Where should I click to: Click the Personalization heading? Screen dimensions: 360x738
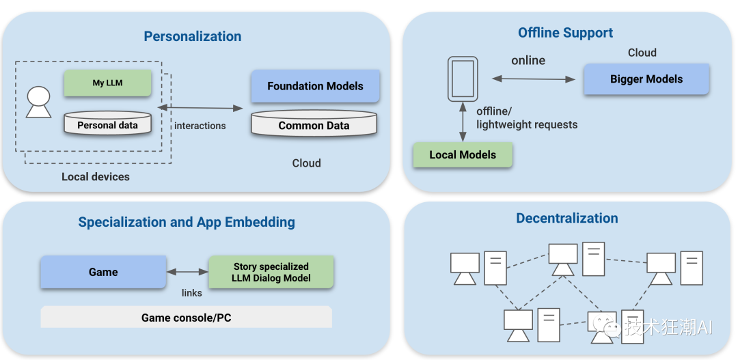coord(192,36)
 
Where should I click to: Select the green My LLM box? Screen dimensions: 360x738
coord(107,83)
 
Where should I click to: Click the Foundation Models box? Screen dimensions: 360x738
coord(315,86)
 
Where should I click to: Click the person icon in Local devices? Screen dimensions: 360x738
coord(38,102)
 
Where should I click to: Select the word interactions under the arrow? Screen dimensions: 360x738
coord(200,126)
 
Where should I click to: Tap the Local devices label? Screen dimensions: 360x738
coord(95,177)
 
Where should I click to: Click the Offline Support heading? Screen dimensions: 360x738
coord(565,33)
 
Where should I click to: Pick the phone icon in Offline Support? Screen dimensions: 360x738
coord(462,78)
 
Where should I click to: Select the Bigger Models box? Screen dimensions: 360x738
coord(646,79)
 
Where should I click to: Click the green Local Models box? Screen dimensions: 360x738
coord(463,154)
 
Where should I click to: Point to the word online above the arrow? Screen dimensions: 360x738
coord(528,61)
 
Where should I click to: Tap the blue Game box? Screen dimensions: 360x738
coord(103,272)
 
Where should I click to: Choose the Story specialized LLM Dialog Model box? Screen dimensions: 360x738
coord(271,272)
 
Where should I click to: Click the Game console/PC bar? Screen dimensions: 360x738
coord(186,318)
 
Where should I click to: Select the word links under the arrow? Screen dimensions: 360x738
coord(191,293)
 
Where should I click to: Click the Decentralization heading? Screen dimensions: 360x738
coord(566,219)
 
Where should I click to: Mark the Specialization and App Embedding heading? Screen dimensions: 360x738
coord(187,222)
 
